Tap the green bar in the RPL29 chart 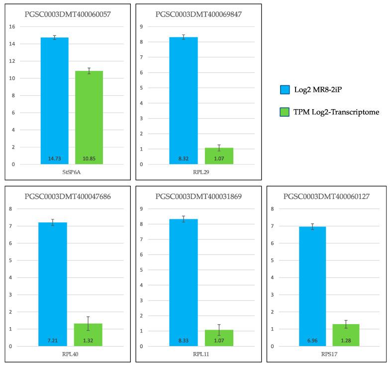point(219,156)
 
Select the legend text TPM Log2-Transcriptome point(337,112)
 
